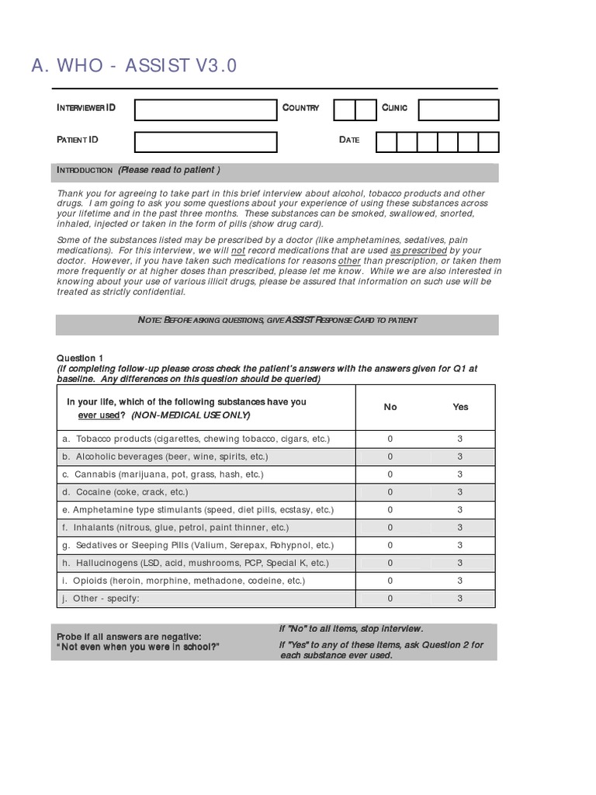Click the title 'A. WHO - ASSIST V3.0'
(x=134, y=66)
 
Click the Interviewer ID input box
(x=206, y=110)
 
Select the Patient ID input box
(x=206, y=142)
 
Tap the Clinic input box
(x=458, y=110)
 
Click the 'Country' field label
(x=300, y=108)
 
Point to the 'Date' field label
(x=349, y=140)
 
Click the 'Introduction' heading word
(x=85, y=171)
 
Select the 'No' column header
(x=390, y=407)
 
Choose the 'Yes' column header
(x=460, y=407)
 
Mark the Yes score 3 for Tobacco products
(x=460, y=439)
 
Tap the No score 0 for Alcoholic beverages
(x=390, y=457)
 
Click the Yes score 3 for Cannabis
(x=460, y=474)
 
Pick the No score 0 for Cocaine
(x=390, y=492)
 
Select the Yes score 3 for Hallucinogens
(x=460, y=563)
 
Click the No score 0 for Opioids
(x=390, y=581)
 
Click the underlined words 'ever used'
(x=97, y=415)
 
